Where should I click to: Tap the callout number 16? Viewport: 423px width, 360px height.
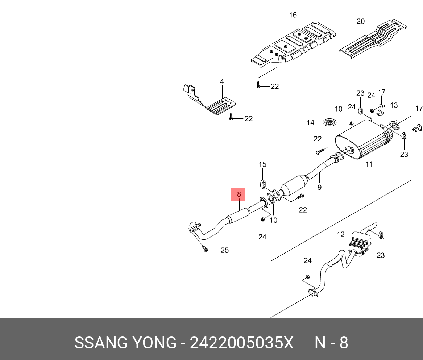click(293, 15)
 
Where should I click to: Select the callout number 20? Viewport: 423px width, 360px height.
click(361, 21)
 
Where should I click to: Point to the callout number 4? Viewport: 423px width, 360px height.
click(222, 81)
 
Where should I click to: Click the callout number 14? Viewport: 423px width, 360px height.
click(311, 123)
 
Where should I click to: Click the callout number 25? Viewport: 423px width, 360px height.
click(225, 250)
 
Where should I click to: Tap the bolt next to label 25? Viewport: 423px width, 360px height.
click(205, 249)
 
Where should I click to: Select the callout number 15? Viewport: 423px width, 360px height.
click(262, 164)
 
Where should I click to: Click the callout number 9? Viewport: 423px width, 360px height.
click(319, 187)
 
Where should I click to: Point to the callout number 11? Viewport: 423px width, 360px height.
click(369, 164)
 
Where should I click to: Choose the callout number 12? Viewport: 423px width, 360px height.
click(341, 234)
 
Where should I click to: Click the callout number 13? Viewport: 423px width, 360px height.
click(394, 105)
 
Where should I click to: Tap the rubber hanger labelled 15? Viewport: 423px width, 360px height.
click(263, 184)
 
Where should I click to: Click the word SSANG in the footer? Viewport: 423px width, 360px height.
click(101, 343)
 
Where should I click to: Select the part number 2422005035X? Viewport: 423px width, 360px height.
click(241, 343)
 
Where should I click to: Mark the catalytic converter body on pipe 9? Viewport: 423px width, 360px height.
click(294, 186)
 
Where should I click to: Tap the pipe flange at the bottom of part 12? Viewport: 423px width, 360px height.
click(313, 293)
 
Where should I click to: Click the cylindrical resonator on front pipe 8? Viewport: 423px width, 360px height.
click(239, 216)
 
